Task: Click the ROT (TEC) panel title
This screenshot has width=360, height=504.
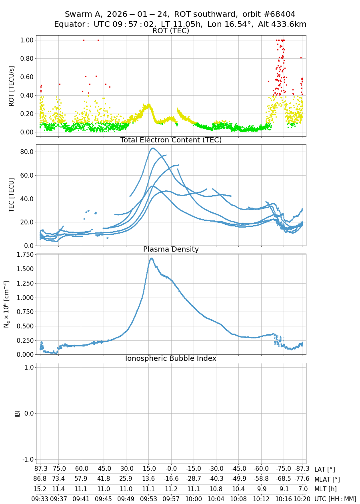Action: click(171, 31)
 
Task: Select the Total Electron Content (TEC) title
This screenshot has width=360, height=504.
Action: click(171, 140)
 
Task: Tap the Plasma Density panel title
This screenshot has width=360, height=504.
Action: click(171, 249)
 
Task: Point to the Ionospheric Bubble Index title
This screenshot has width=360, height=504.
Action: click(171, 358)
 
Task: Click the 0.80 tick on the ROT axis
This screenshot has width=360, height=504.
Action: click(26, 58)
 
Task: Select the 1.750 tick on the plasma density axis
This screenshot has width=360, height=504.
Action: click(23, 254)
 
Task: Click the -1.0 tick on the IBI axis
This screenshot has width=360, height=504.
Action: click(26, 459)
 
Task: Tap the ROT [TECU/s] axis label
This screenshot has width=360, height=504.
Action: click(11, 86)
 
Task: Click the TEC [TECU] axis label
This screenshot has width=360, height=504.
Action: click(11, 195)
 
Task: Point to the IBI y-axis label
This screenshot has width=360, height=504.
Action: click(17, 413)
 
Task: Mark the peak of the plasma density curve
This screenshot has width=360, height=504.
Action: click(152, 258)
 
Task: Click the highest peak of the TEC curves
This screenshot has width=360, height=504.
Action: click(152, 148)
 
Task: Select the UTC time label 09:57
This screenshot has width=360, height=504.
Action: click(171, 499)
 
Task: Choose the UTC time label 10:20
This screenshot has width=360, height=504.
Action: click(302, 499)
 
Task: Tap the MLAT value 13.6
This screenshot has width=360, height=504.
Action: click(148, 479)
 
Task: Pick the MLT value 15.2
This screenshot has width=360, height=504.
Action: click(40, 489)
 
